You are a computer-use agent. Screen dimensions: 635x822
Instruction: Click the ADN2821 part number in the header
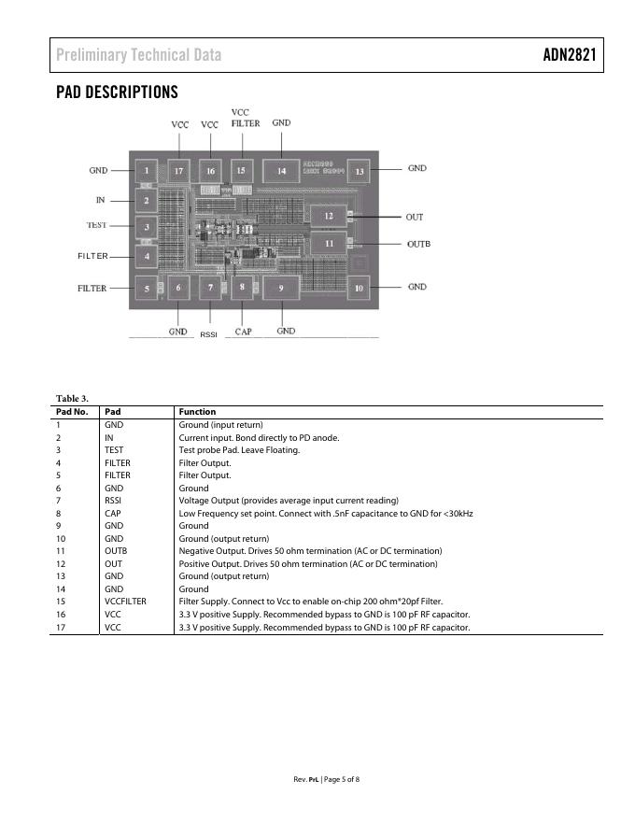(x=569, y=55)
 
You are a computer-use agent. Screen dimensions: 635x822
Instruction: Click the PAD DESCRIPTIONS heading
(x=117, y=92)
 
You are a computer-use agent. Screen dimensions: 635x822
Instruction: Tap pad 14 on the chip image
(x=281, y=170)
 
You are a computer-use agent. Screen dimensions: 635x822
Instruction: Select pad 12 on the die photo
(x=328, y=216)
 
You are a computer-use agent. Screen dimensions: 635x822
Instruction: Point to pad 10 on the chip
(x=359, y=289)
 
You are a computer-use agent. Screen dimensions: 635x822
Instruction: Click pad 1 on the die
(x=146, y=171)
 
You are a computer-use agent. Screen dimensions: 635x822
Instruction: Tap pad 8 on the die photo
(x=243, y=288)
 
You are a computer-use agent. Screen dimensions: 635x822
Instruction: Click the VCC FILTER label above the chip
(x=245, y=118)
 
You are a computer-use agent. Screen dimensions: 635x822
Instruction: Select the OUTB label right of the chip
(x=418, y=244)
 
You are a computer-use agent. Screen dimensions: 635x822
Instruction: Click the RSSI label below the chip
(x=208, y=333)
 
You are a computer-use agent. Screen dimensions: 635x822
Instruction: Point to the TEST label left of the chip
(x=97, y=225)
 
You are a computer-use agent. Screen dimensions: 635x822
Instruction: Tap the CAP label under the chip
(x=243, y=332)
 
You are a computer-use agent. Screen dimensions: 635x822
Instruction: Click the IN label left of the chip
(x=100, y=200)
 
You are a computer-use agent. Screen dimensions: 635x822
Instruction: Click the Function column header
(x=197, y=411)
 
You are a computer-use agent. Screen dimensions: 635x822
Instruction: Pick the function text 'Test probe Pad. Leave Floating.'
(x=240, y=450)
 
